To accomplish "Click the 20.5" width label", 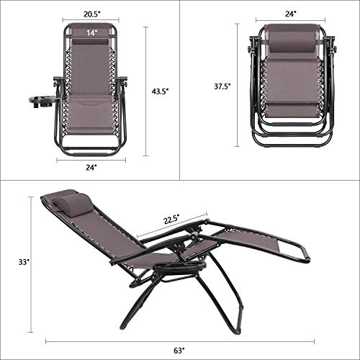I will point(91,13).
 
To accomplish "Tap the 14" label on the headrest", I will point(91,32).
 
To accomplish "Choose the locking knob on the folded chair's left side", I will point(253,52).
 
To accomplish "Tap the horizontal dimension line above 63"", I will point(180,340).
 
